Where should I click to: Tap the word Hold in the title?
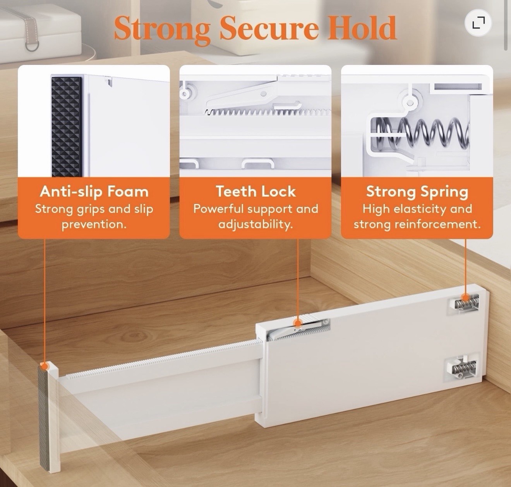(x=362, y=27)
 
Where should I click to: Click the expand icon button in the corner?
(x=478, y=22)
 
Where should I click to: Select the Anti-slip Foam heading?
(x=94, y=192)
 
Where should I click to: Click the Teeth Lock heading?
(x=256, y=191)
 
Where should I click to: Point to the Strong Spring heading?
(x=417, y=192)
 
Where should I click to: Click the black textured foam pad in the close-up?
(x=67, y=126)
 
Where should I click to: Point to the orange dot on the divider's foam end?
(x=45, y=366)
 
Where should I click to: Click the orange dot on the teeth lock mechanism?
(x=298, y=323)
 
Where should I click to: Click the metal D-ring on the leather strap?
(x=32, y=46)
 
